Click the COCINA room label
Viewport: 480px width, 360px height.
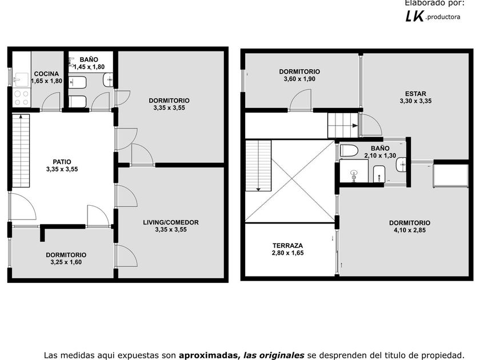[46, 74]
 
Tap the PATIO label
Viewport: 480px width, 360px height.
[62, 162]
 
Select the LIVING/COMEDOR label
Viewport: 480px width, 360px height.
[171, 222]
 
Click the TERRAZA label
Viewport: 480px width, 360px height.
[288, 246]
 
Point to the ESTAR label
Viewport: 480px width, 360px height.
[415, 94]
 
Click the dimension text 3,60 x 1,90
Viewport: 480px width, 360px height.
[299, 79]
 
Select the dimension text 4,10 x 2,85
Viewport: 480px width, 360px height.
[410, 230]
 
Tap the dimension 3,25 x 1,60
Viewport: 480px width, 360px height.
[66, 262]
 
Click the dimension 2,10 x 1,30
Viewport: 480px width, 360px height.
[380, 155]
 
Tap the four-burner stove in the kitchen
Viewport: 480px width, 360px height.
[22, 98]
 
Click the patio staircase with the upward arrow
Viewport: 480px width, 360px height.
[21, 151]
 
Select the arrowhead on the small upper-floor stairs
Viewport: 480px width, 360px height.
[355, 126]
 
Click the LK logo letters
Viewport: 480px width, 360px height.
[414, 16]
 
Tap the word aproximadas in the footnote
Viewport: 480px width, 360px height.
[208, 355]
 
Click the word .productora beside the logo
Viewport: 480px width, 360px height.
[443, 17]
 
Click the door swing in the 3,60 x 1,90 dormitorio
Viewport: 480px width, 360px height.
[301, 99]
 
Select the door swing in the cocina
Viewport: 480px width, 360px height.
[51, 101]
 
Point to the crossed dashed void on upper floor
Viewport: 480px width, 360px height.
[290, 181]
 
